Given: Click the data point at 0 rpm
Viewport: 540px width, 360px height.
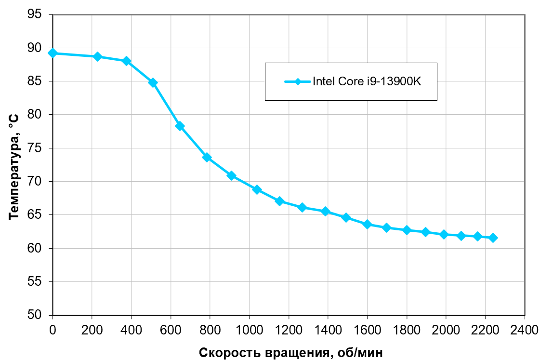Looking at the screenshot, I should point(53,53).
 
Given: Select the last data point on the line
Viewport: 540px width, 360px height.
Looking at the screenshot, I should point(493,238).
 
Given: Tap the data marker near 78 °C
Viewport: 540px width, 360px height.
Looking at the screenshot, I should point(180,126).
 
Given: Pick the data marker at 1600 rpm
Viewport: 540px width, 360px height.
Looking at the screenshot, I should point(367,224).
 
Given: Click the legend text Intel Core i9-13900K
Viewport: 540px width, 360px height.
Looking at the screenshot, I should point(367,81).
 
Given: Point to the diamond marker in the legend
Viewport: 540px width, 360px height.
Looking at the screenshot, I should point(298,81).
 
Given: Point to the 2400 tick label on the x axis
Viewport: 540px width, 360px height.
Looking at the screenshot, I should point(525,330).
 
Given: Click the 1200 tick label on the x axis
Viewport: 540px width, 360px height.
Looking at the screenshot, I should point(288,330).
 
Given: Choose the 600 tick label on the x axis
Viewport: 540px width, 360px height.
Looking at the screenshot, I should point(171,330).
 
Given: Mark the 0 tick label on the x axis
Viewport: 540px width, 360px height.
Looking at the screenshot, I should point(53,330).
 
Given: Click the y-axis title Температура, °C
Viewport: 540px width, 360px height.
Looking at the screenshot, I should point(14,166).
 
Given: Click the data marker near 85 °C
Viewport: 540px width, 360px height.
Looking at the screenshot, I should point(153,83).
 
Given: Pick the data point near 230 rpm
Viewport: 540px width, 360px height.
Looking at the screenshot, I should point(97,57).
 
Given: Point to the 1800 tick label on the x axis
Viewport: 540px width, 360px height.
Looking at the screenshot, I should point(406,330).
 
